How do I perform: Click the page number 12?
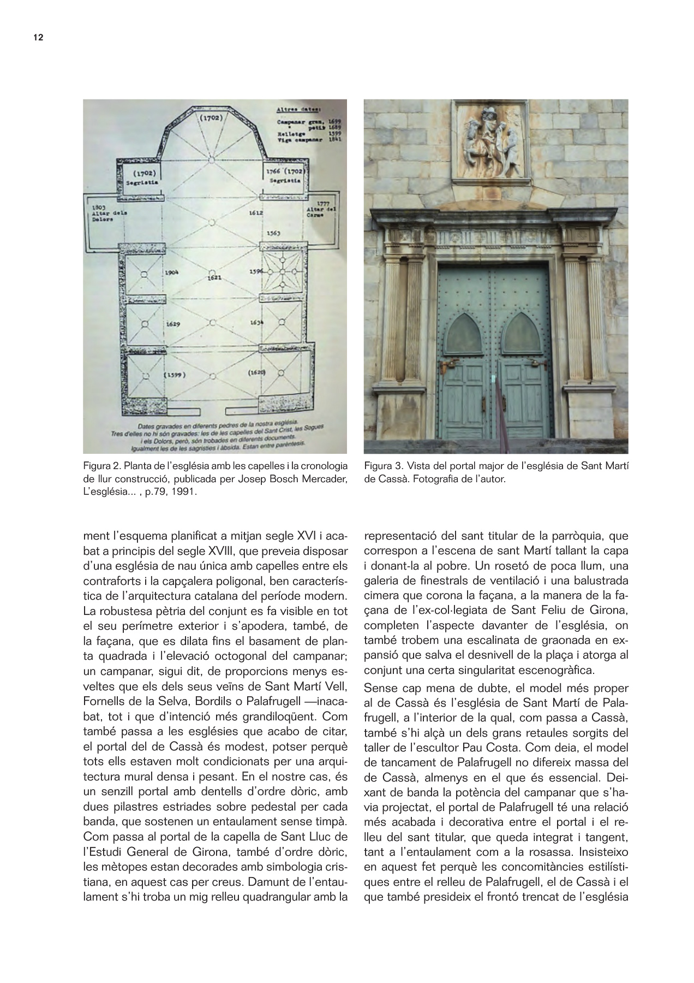pos(38,38)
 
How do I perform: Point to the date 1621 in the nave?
pos(214,278)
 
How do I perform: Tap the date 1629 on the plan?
pos(174,324)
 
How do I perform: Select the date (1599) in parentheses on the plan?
pos(175,375)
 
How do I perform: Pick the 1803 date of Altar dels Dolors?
pos(99,208)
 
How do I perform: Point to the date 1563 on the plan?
pos(273,233)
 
